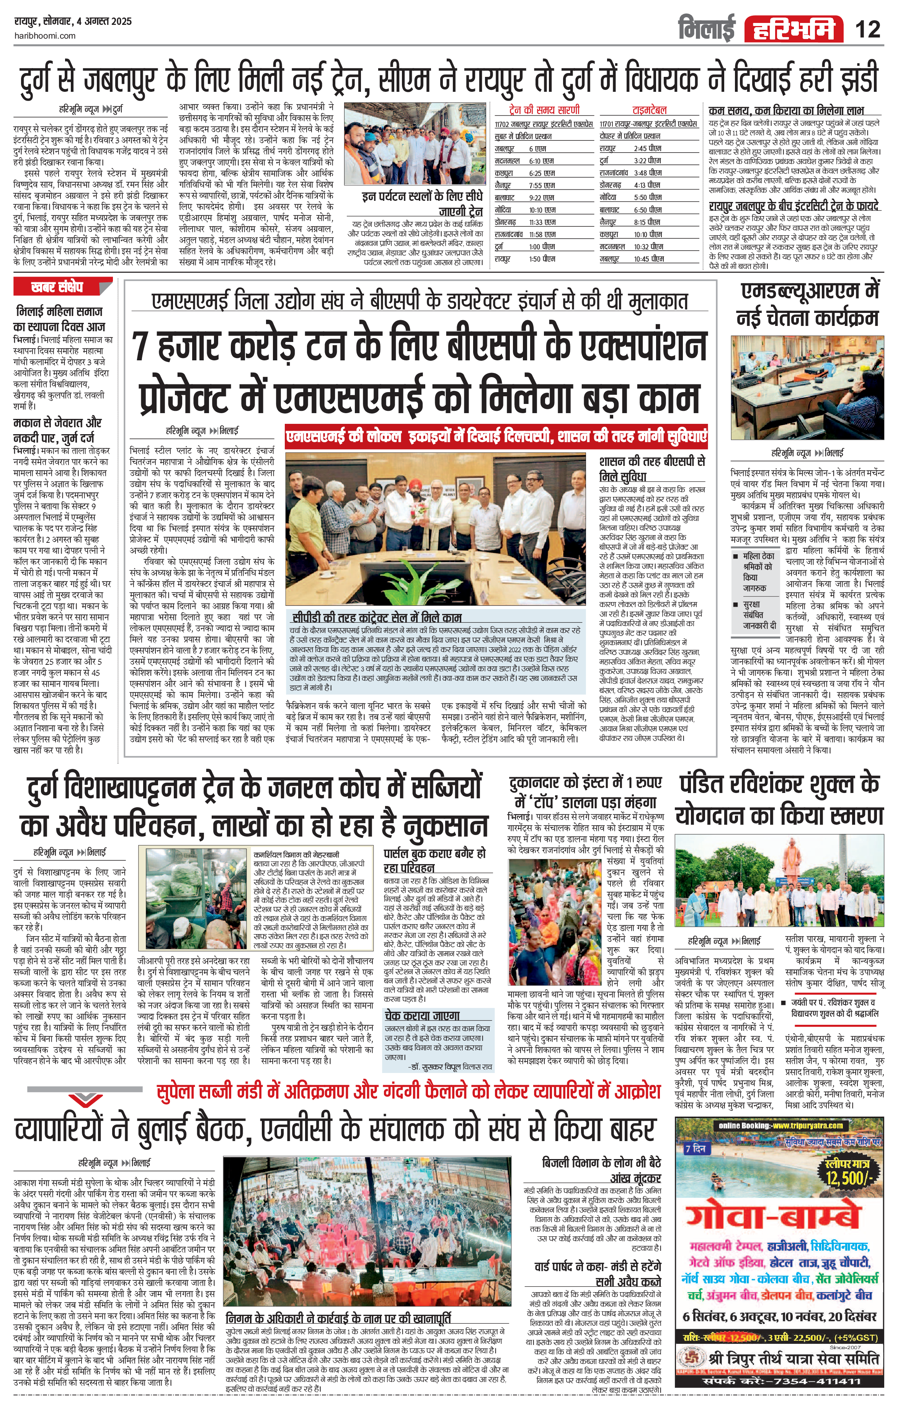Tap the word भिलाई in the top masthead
tap(707, 28)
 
